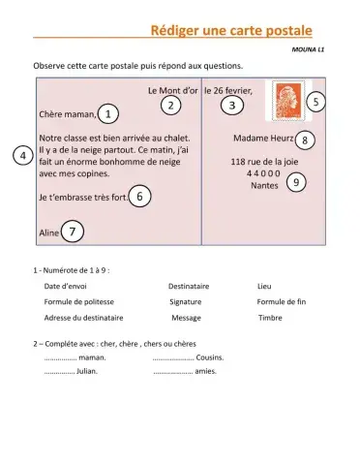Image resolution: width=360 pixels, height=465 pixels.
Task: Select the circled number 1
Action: click(109, 115)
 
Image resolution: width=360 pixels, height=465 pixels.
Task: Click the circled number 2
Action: click(170, 105)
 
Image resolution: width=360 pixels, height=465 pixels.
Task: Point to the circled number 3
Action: click(231, 105)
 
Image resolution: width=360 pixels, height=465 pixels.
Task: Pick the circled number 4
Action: click(19, 157)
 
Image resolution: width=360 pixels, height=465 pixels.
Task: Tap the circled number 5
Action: click(316, 100)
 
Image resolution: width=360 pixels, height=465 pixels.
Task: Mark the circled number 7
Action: click(73, 232)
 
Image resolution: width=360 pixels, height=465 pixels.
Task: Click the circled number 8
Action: click(305, 140)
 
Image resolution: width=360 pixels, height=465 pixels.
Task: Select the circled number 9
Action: click(296, 182)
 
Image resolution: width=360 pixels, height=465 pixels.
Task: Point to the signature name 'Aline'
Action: click(48, 233)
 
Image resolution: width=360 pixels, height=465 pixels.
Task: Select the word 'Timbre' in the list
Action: click(270, 317)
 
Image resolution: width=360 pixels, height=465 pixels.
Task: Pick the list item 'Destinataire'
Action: click(189, 286)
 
